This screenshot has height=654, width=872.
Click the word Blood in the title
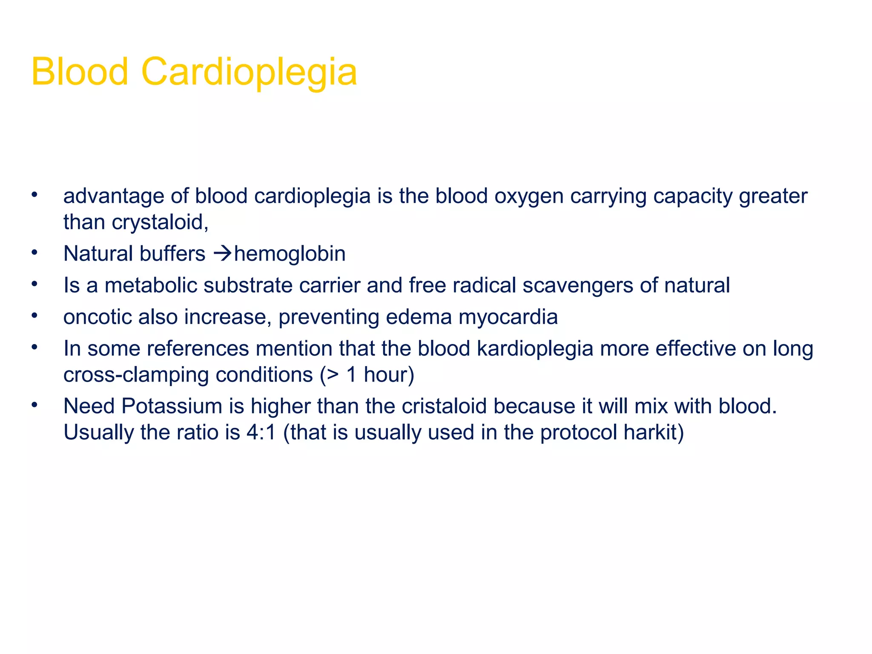[80, 72]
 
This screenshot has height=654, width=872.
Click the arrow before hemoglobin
[222, 254]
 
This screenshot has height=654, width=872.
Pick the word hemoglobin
[290, 254]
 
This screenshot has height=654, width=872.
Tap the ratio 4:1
[261, 433]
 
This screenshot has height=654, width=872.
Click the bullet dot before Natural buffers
[34, 253]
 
